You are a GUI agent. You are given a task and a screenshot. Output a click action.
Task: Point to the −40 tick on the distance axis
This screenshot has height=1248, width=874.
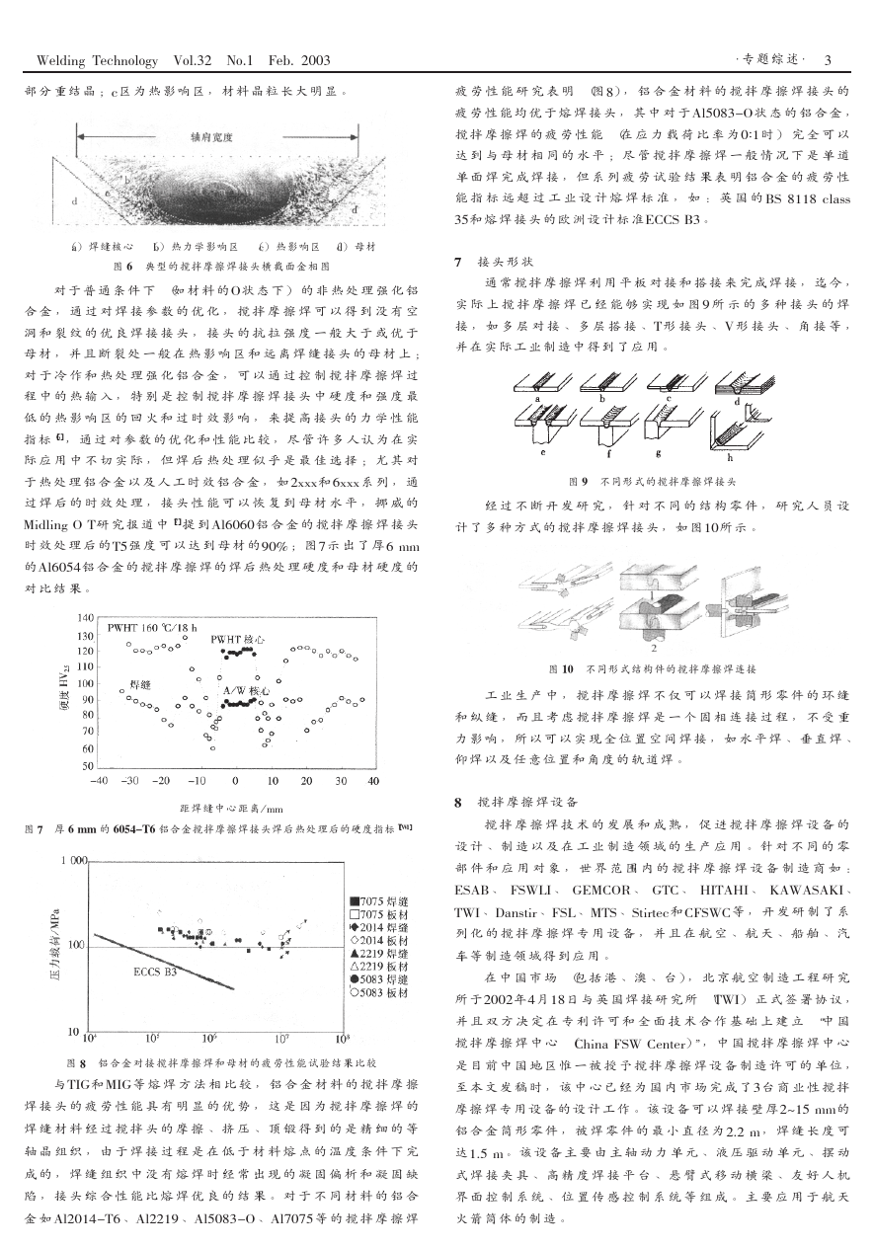pos(98,780)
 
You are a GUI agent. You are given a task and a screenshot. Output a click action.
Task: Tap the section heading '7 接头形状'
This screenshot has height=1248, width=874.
pos(494,262)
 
